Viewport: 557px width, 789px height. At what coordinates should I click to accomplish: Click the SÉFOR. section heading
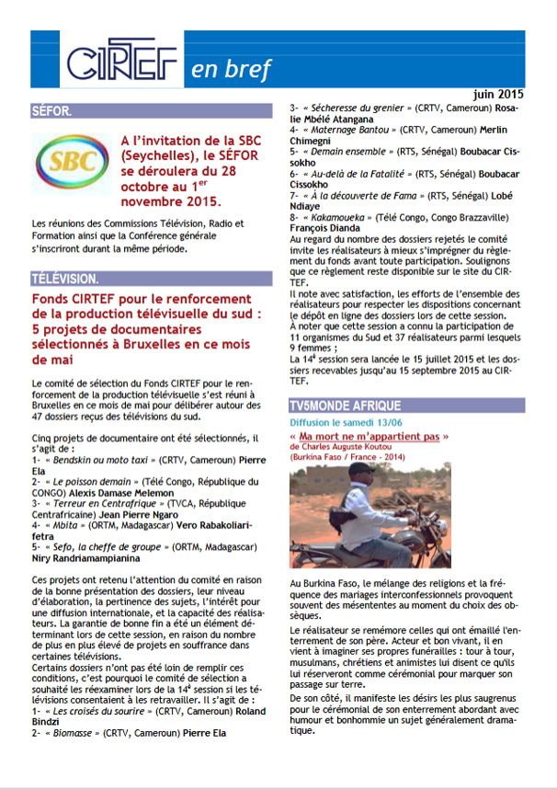coord(52,112)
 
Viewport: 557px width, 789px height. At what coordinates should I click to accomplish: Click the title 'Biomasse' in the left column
coord(76,734)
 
